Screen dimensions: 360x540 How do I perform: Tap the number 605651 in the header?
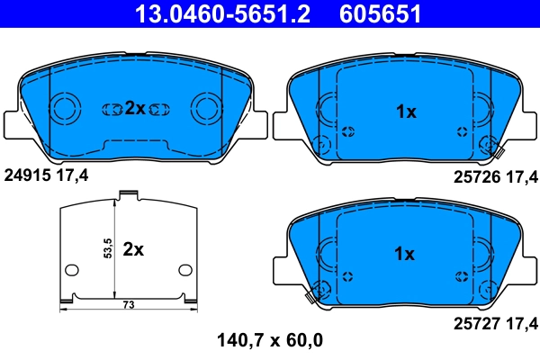coord(379,13)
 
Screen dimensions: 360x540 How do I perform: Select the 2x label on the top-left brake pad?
coord(134,108)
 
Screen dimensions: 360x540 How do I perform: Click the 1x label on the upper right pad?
coord(406,112)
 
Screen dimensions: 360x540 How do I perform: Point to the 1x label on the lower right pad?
coord(406,254)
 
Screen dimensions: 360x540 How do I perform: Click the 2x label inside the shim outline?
coord(133,249)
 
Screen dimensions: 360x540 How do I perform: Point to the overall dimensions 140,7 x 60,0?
coord(270,340)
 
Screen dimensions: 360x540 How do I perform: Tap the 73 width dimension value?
coord(128,306)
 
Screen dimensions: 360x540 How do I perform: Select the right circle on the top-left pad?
coord(206,109)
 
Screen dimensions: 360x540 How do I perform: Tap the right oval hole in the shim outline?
coord(185,269)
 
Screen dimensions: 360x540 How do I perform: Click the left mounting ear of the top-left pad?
coord(13,121)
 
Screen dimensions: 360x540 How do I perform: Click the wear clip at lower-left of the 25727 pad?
coord(314,292)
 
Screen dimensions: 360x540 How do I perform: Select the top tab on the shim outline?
coord(128,193)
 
